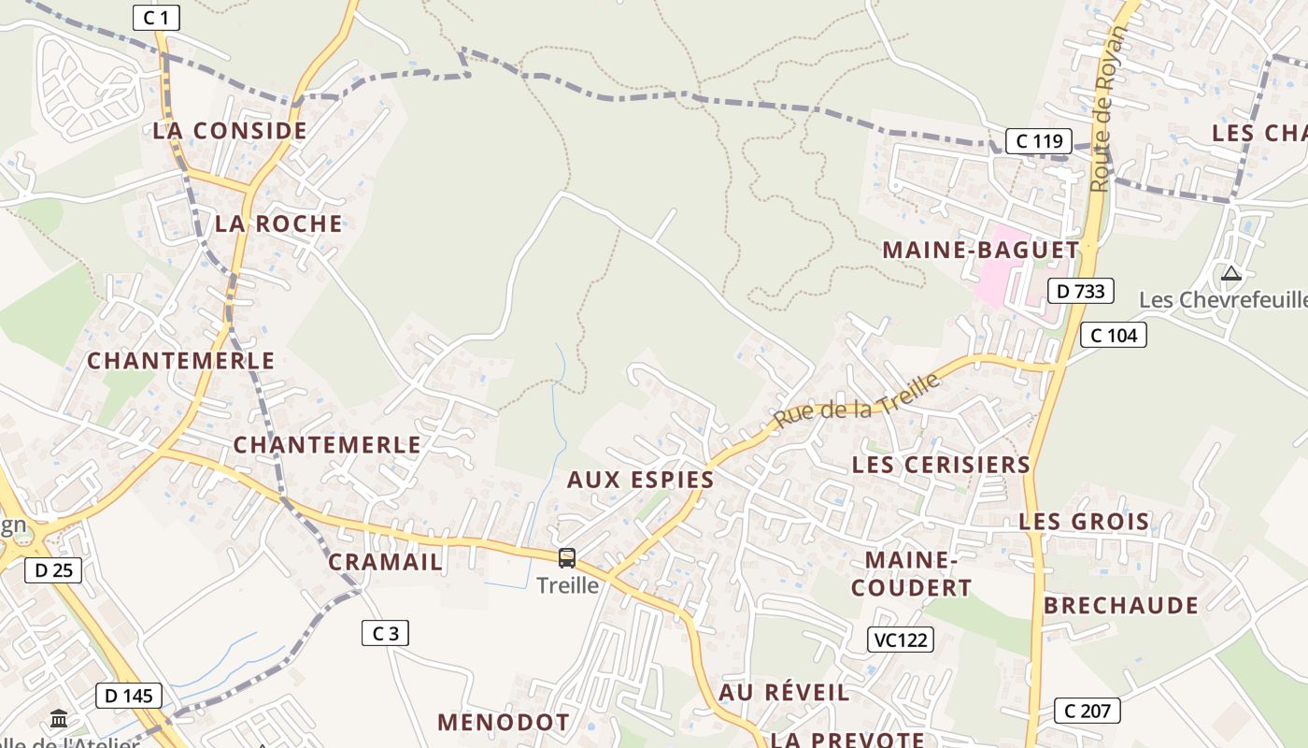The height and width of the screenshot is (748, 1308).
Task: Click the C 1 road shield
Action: click(156, 18)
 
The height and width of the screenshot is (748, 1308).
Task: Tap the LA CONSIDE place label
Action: click(230, 131)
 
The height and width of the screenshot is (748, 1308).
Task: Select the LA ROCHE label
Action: click(278, 223)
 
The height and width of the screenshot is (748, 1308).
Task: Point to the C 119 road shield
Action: click(1038, 141)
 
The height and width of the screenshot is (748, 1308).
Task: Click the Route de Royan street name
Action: click(1109, 109)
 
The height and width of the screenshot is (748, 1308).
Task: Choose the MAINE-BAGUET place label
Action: click(981, 251)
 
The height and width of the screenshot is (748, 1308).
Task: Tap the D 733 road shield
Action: click(1081, 291)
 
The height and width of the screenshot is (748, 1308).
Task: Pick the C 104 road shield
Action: click(1113, 335)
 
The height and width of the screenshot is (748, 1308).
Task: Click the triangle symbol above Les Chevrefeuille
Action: click(1230, 274)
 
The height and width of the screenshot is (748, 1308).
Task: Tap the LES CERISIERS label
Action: click(941, 465)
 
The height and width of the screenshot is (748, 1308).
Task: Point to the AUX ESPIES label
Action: click(641, 481)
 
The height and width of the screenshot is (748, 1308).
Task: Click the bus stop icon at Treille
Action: click(567, 558)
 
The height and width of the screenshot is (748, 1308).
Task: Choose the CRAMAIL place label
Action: click(385, 562)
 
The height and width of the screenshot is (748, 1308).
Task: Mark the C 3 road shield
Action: click(385, 633)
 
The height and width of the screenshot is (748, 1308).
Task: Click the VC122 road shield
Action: click(900, 640)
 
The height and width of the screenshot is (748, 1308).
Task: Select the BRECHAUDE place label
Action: click(1121, 606)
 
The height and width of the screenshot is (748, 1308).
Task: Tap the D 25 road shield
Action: click(53, 569)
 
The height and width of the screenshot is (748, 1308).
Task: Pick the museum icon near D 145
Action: click(59, 719)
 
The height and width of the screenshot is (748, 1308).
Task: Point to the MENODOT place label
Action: click(504, 723)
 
